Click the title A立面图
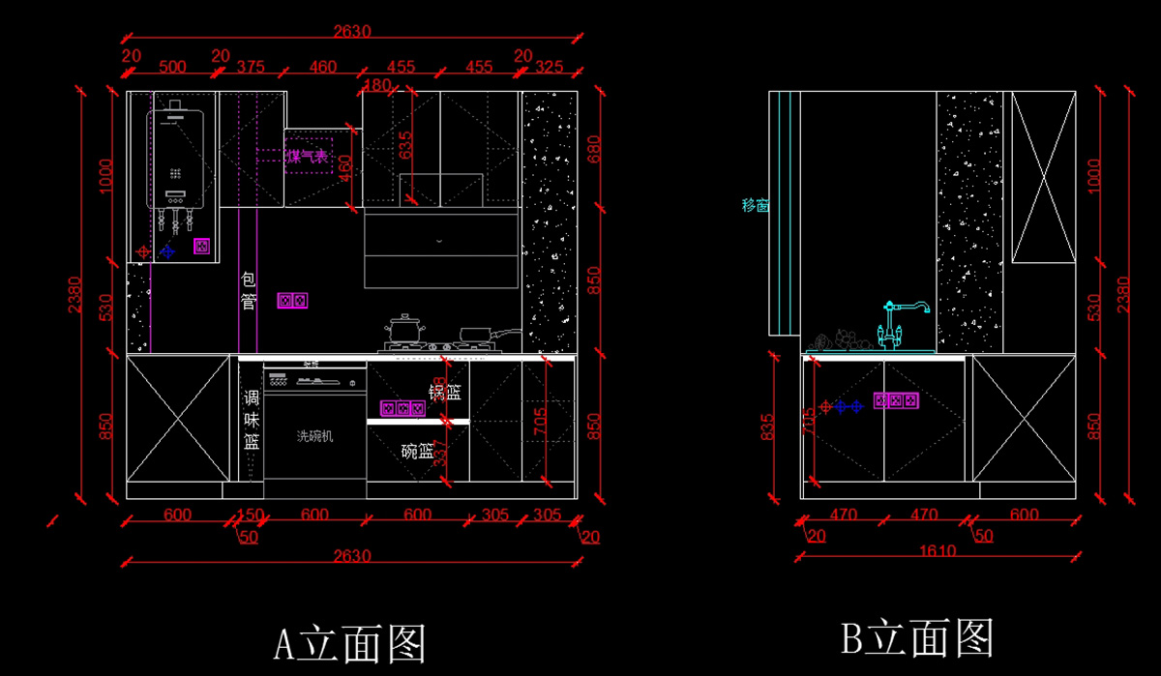pyautogui.click(x=350, y=642)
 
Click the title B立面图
pyautogui.click(x=917, y=637)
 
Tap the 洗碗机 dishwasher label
pyautogui.click(x=314, y=436)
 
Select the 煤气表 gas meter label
pyautogui.click(x=307, y=156)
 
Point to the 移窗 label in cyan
pyautogui.click(x=755, y=205)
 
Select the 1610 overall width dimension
pyautogui.click(x=937, y=551)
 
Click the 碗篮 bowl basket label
pyautogui.click(x=417, y=450)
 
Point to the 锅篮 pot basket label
pyautogui.click(x=445, y=392)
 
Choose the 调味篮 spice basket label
pyautogui.click(x=252, y=420)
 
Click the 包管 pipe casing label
pyautogui.click(x=249, y=290)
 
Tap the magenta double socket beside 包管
pyautogui.click(x=292, y=301)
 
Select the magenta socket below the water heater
pyautogui.click(x=201, y=246)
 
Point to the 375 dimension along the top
pyautogui.click(x=251, y=67)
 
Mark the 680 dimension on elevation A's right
pyautogui.click(x=594, y=149)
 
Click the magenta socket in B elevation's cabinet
pyautogui.click(x=896, y=399)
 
